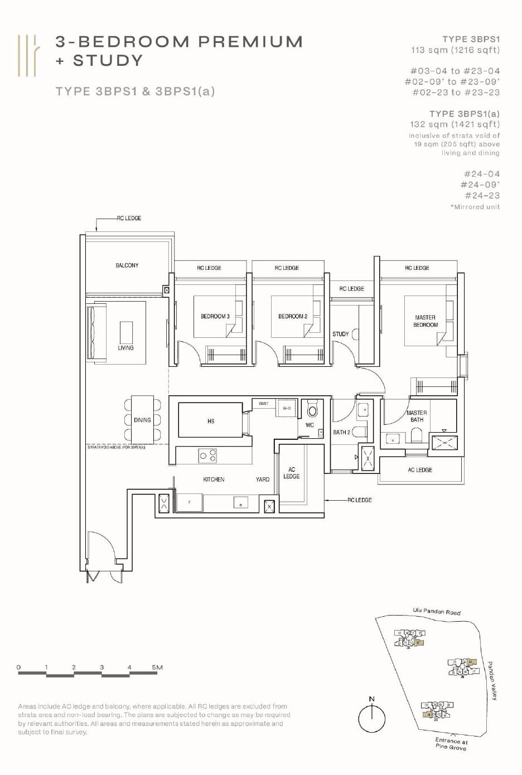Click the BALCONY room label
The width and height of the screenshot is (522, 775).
127,265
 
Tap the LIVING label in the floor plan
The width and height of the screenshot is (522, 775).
125,348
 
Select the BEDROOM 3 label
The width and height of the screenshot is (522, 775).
215,317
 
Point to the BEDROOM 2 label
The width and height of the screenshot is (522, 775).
293,317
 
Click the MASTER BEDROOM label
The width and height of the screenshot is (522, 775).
425,321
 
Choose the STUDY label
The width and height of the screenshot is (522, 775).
340,334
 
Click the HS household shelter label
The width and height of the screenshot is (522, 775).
211,422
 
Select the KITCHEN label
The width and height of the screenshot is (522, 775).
214,479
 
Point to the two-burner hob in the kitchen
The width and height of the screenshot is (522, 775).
208,456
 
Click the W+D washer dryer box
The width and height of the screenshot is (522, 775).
287,408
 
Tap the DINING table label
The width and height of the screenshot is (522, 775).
142,420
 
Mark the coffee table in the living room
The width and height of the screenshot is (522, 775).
127,332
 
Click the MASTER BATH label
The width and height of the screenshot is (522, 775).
417,416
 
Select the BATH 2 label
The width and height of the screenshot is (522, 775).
341,432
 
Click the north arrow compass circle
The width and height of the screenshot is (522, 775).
372,719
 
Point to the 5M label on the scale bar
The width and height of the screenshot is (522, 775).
157,667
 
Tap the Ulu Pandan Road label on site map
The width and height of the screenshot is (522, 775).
437,612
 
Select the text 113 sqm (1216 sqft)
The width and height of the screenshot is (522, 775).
455,50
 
